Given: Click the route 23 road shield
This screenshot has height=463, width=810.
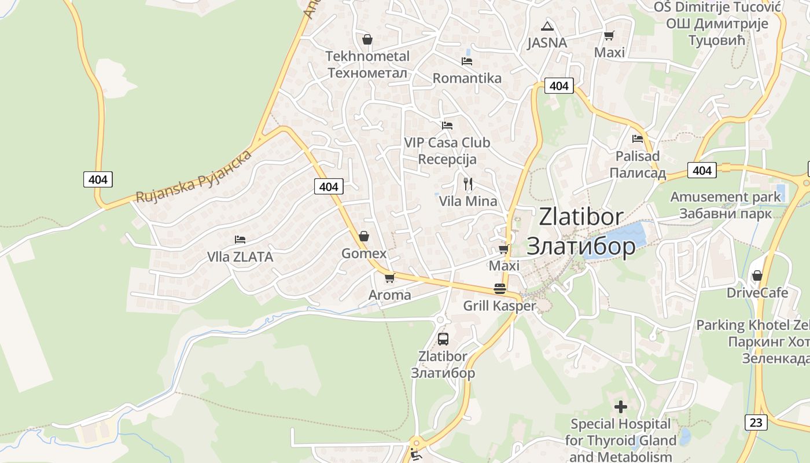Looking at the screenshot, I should pyautogui.click(x=756, y=422).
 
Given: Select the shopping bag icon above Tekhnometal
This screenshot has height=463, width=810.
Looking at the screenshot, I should pyautogui.click(x=367, y=39).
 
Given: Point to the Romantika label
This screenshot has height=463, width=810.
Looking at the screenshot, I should pyautogui.click(x=467, y=78).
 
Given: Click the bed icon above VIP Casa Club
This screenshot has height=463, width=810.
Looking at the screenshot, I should pyautogui.click(x=447, y=125).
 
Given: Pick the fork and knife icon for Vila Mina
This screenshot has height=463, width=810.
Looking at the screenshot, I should pyautogui.click(x=468, y=184).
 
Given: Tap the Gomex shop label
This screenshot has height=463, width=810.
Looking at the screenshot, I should pyautogui.click(x=364, y=253).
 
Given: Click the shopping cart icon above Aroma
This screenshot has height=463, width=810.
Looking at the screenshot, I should pyautogui.click(x=389, y=278).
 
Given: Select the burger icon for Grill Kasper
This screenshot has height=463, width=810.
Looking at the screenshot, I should pyautogui.click(x=500, y=289).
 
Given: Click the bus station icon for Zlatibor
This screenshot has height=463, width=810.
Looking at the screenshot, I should pyautogui.click(x=443, y=339).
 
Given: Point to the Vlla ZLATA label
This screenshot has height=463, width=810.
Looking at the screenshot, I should pyautogui.click(x=240, y=256).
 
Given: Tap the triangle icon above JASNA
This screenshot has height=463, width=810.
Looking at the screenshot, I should pyautogui.click(x=547, y=26).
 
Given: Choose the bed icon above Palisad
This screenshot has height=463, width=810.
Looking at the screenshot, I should pyautogui.click(x=638, y=139).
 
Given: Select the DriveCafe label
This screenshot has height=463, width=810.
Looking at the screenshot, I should pyautogui.click(x=757, y=293).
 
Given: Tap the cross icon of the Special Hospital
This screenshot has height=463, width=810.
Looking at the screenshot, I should pyautogui.click(x=621, y=407).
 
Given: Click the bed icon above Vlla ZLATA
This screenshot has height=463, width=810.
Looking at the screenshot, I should pyautogui.click(x=240, y=240).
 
